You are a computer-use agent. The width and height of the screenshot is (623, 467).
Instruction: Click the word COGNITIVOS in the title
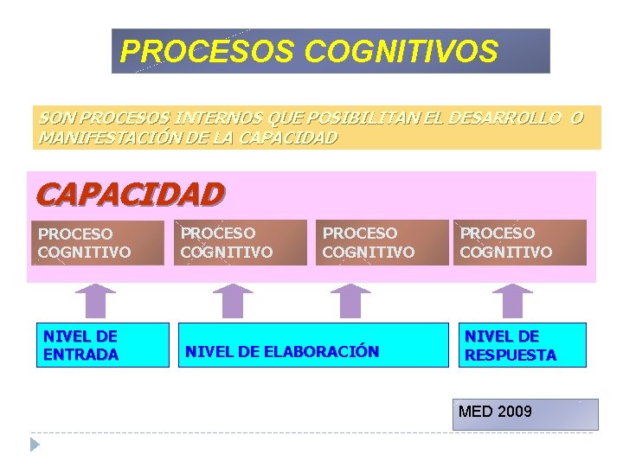(401, 52)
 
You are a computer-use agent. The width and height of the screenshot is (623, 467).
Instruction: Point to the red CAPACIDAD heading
(130, 193)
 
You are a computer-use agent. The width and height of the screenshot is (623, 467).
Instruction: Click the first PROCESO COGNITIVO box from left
(99, 243)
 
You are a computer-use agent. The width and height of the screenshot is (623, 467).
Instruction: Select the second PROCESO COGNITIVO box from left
(241, 243)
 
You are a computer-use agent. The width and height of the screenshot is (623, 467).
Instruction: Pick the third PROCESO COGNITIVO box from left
(381, 243)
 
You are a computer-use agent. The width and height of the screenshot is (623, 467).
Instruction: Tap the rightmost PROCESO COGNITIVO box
(520, 242)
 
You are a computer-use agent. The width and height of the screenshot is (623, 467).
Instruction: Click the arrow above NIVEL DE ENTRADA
(95, 301)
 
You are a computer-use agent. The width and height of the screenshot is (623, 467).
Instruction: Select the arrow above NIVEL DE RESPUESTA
(513, 301)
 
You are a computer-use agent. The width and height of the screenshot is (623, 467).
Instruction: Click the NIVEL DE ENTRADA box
(102, 345)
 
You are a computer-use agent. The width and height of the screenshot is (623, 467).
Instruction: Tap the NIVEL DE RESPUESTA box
(522, 345)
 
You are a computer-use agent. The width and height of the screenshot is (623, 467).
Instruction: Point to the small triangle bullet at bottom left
(35, 445)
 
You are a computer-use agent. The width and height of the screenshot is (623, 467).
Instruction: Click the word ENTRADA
(80, 355)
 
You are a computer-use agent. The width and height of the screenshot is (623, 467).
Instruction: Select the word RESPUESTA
(511, 355)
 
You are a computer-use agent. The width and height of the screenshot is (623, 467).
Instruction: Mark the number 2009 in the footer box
(514, 412)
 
